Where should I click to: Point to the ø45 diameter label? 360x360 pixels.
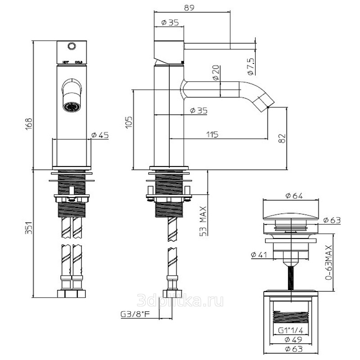tap(99, 135)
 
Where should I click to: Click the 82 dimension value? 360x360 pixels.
tap(282, 139)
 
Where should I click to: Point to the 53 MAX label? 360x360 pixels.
tap(203, 221)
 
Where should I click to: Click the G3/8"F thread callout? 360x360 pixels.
tap(135, 314)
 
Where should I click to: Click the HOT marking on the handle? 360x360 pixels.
tap(65, 62)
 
